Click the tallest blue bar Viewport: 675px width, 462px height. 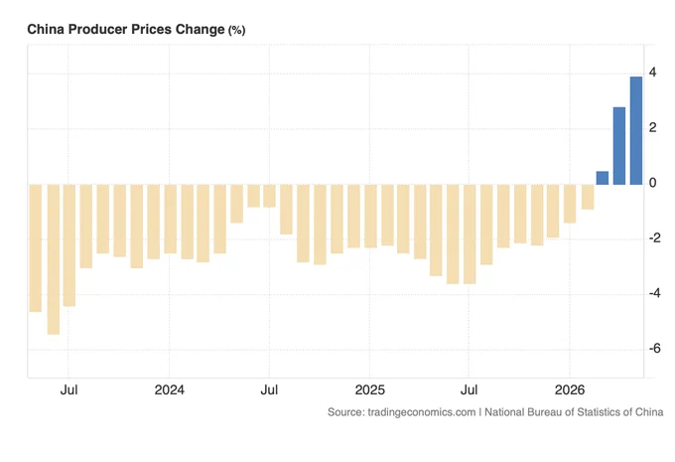(x=636, y=130)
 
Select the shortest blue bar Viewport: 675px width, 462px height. (x=603, y=178)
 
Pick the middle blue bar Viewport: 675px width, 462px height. (x=619, y=146)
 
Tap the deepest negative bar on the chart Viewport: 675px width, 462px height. (x=54, y=259)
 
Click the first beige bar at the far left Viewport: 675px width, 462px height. (x=36, y=248)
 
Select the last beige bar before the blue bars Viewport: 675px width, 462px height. (x=588, y=197)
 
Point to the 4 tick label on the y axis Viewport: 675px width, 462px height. (x=652, y=73)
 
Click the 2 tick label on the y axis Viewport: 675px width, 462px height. (x=652, y=127)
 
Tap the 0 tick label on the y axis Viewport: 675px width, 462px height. (x=652, y=183)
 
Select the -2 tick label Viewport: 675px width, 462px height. (x=654, y=237)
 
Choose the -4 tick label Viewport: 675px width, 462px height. (x=654, y=293)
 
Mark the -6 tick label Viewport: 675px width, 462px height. (x=654, y=348)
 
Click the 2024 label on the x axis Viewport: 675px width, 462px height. (x=169, y=390)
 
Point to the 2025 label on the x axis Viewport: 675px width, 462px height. (x=370, y=390)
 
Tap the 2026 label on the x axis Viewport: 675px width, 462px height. (x=570, y=390)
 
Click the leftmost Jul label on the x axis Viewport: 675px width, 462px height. (x=68, y=390)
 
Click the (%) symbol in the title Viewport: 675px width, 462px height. (x=237, y=30)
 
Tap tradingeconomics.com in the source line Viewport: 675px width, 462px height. (x=422, y=412)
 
